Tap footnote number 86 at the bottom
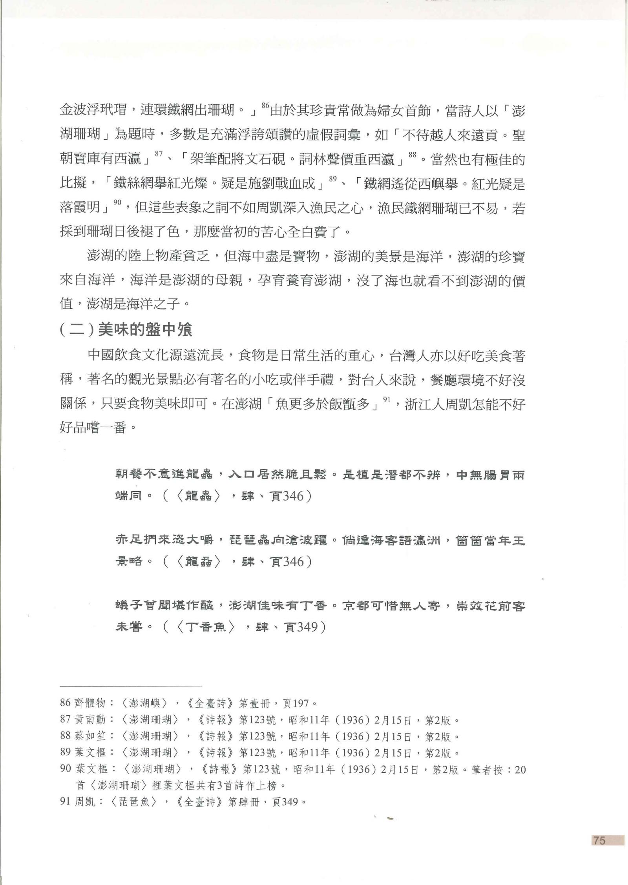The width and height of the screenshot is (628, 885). tap(65, 702)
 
